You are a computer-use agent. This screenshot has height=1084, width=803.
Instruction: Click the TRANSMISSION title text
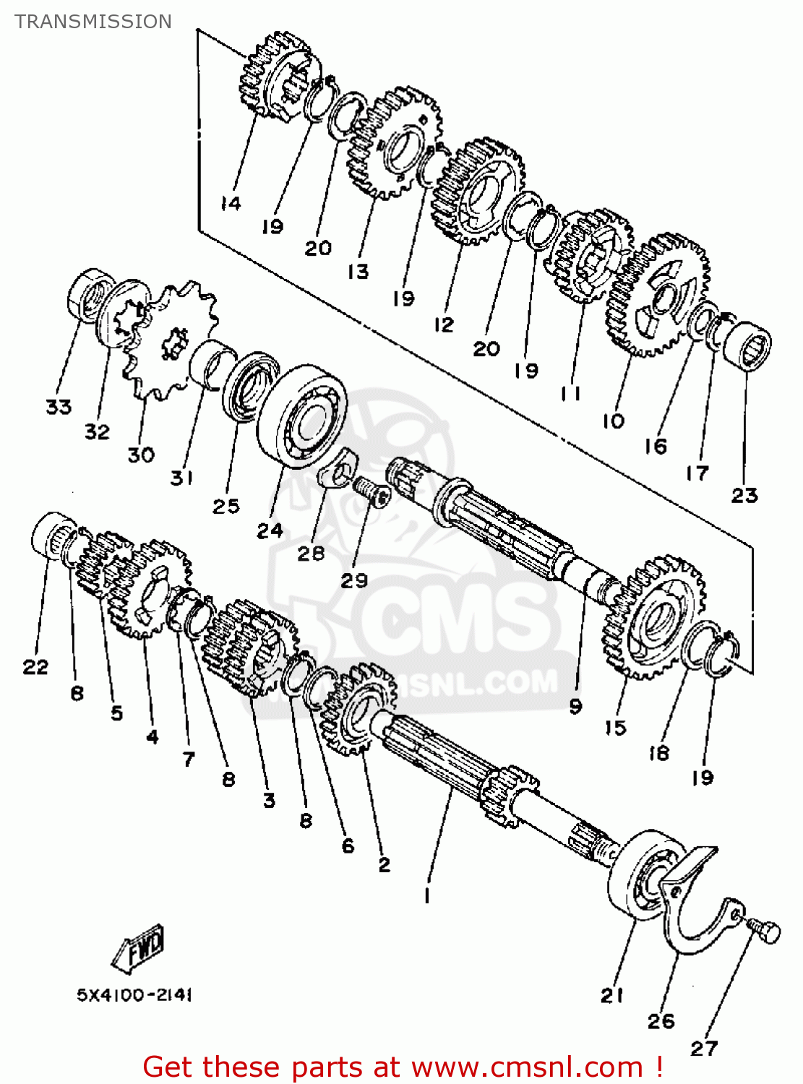93,22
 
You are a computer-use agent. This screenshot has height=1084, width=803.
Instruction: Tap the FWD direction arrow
139,947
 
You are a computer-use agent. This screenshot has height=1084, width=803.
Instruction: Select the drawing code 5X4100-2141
134,995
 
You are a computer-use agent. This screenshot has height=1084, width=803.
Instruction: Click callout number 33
59,407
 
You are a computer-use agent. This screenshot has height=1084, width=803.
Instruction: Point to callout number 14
231,203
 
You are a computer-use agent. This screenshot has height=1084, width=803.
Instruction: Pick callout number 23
744,495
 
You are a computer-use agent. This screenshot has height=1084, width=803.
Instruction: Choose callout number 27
704,1048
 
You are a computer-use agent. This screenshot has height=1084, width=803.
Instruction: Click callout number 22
35,666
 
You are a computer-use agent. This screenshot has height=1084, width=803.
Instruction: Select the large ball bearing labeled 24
303,416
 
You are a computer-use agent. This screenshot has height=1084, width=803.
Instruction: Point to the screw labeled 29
372,494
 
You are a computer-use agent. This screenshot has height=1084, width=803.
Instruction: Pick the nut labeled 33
86,293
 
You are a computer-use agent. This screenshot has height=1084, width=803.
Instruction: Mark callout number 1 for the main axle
427,895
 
